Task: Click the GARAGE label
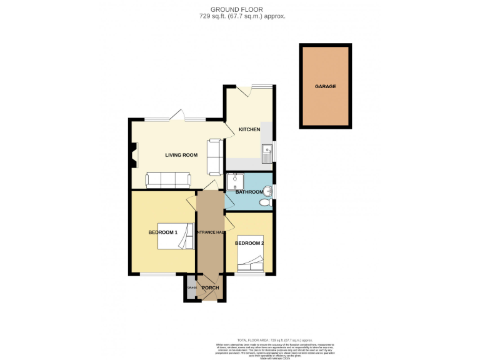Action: tap(325, 86)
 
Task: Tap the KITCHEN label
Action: tap(249, 129)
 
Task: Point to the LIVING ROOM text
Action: tap(181, 155)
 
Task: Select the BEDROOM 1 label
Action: tap(162, 232)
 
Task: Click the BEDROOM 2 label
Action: tap(249, 243)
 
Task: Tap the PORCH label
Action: tap(210, 287)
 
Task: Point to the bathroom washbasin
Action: tap(268, 191)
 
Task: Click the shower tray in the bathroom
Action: tap(234, 181)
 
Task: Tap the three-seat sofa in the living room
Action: tap(169, 180)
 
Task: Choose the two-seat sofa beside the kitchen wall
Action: tap(214, 156)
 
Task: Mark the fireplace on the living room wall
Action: tap(134, 155)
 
